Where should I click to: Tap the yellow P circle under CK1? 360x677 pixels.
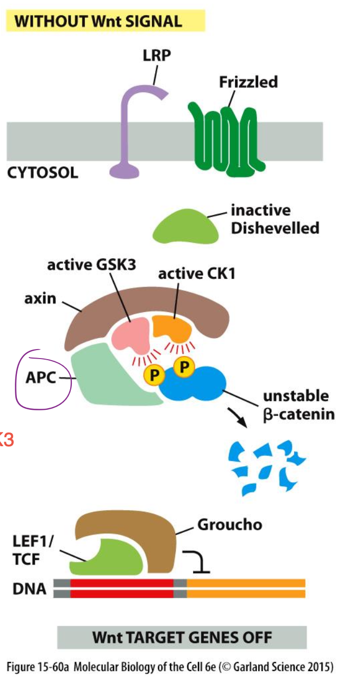(183, 366)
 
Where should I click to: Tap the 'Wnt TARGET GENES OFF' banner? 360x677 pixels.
(182, 637)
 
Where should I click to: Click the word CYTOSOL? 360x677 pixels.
(43, 173)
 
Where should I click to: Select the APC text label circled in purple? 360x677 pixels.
(41, 379)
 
